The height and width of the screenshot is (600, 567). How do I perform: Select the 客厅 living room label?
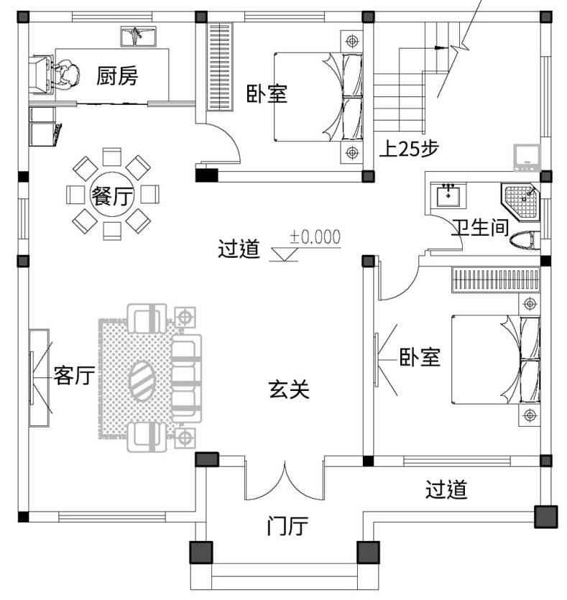(74, 375)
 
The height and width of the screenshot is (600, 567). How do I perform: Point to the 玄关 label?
(289, 390)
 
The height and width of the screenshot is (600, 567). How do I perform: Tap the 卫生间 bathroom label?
(479, 229)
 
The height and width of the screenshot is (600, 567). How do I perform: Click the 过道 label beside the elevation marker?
(238, 249)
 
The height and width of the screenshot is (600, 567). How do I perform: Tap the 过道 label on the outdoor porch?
(446, 490)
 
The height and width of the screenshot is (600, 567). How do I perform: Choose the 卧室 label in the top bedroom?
(267, 94)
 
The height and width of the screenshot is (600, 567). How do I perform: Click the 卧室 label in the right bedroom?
(420, 357)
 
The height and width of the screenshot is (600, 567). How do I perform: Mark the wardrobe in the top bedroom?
(220, 67)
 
